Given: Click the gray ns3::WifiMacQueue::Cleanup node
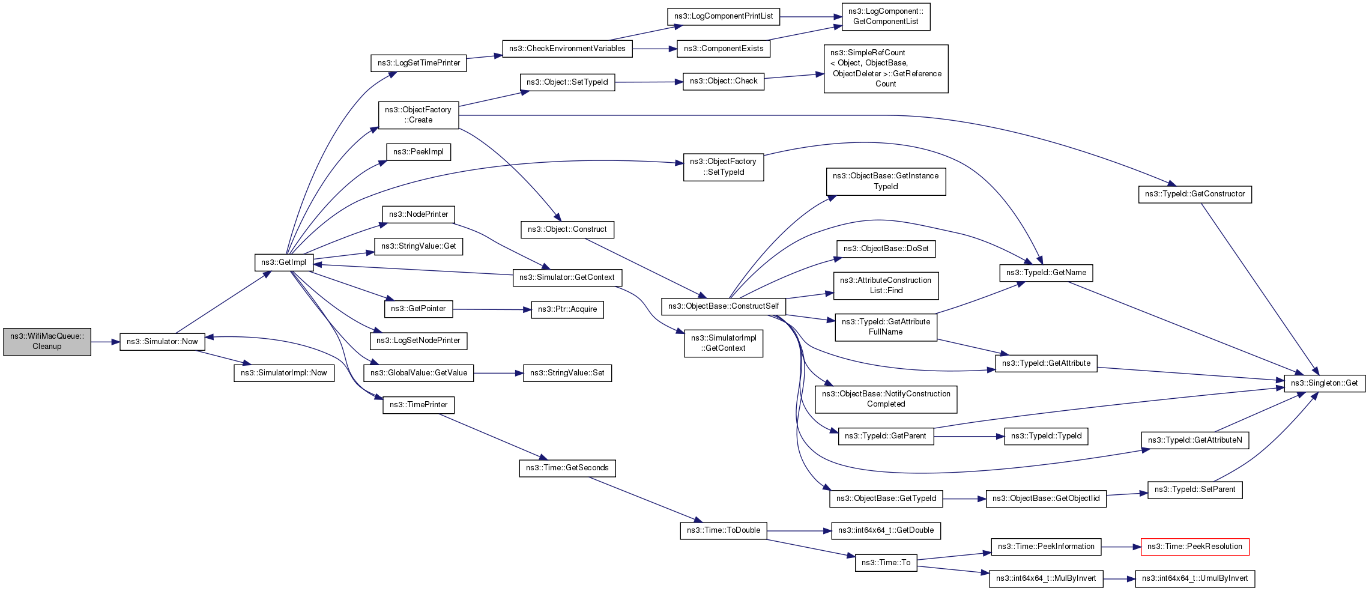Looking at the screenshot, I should [x=47, y=342].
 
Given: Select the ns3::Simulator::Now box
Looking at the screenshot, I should [x=162, y=342].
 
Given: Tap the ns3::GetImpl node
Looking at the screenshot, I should [x=283, y=262].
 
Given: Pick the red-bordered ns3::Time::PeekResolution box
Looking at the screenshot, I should [x=1194, y=547].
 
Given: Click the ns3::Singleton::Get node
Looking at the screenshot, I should [x=1324, y=383].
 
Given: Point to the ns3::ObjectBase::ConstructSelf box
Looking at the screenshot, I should [x=723, y=306].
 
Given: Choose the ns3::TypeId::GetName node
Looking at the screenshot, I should [x=1046, y=273].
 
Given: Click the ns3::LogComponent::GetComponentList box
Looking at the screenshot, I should [x=886, y=17].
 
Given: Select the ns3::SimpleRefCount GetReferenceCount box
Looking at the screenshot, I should [x=886, y=68].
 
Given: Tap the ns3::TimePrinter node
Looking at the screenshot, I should [x=419, y=405].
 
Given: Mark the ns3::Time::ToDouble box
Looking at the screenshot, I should [x=723, y=530].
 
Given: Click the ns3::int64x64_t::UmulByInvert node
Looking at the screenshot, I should [x=1194, y=578].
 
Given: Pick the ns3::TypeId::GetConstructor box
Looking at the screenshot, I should [x=1194, y=194].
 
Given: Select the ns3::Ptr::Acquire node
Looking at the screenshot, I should [x=567, y=309].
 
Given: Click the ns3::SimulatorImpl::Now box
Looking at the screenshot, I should [x=283, y=373].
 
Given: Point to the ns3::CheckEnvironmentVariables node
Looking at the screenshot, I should [x=567, y=49].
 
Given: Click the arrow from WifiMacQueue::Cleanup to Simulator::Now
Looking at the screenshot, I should [x=105, y=342].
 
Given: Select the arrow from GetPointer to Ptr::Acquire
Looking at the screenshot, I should [x=492, y=309].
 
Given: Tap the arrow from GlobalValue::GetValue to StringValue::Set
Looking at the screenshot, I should [x=498, y=373].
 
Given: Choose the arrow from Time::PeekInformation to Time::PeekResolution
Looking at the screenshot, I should [x=1121, y=547].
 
